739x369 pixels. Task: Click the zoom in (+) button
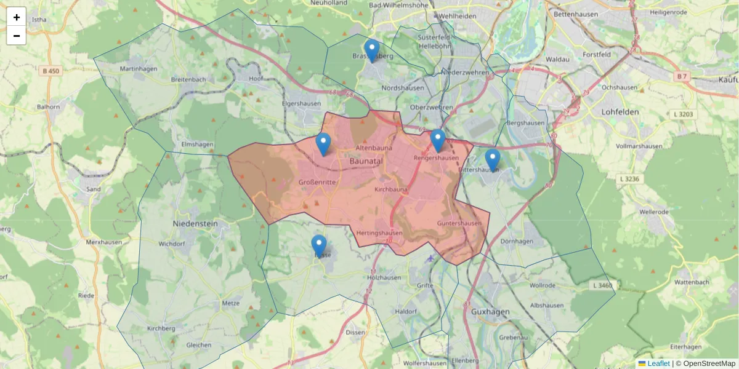point(17,17)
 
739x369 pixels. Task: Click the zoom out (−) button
point(17,36)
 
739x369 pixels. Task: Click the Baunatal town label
point(366,161)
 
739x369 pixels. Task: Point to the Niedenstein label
point(195,223)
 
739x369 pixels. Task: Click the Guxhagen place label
point(490,312)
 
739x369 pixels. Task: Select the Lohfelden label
point(620,113)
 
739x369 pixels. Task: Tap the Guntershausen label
point(459,223)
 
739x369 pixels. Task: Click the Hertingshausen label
point(379,233)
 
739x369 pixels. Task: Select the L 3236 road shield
point(627,178)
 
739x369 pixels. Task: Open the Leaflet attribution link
point(658,363)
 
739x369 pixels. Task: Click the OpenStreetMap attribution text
point(709,363)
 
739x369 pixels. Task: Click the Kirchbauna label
point(391,189)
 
